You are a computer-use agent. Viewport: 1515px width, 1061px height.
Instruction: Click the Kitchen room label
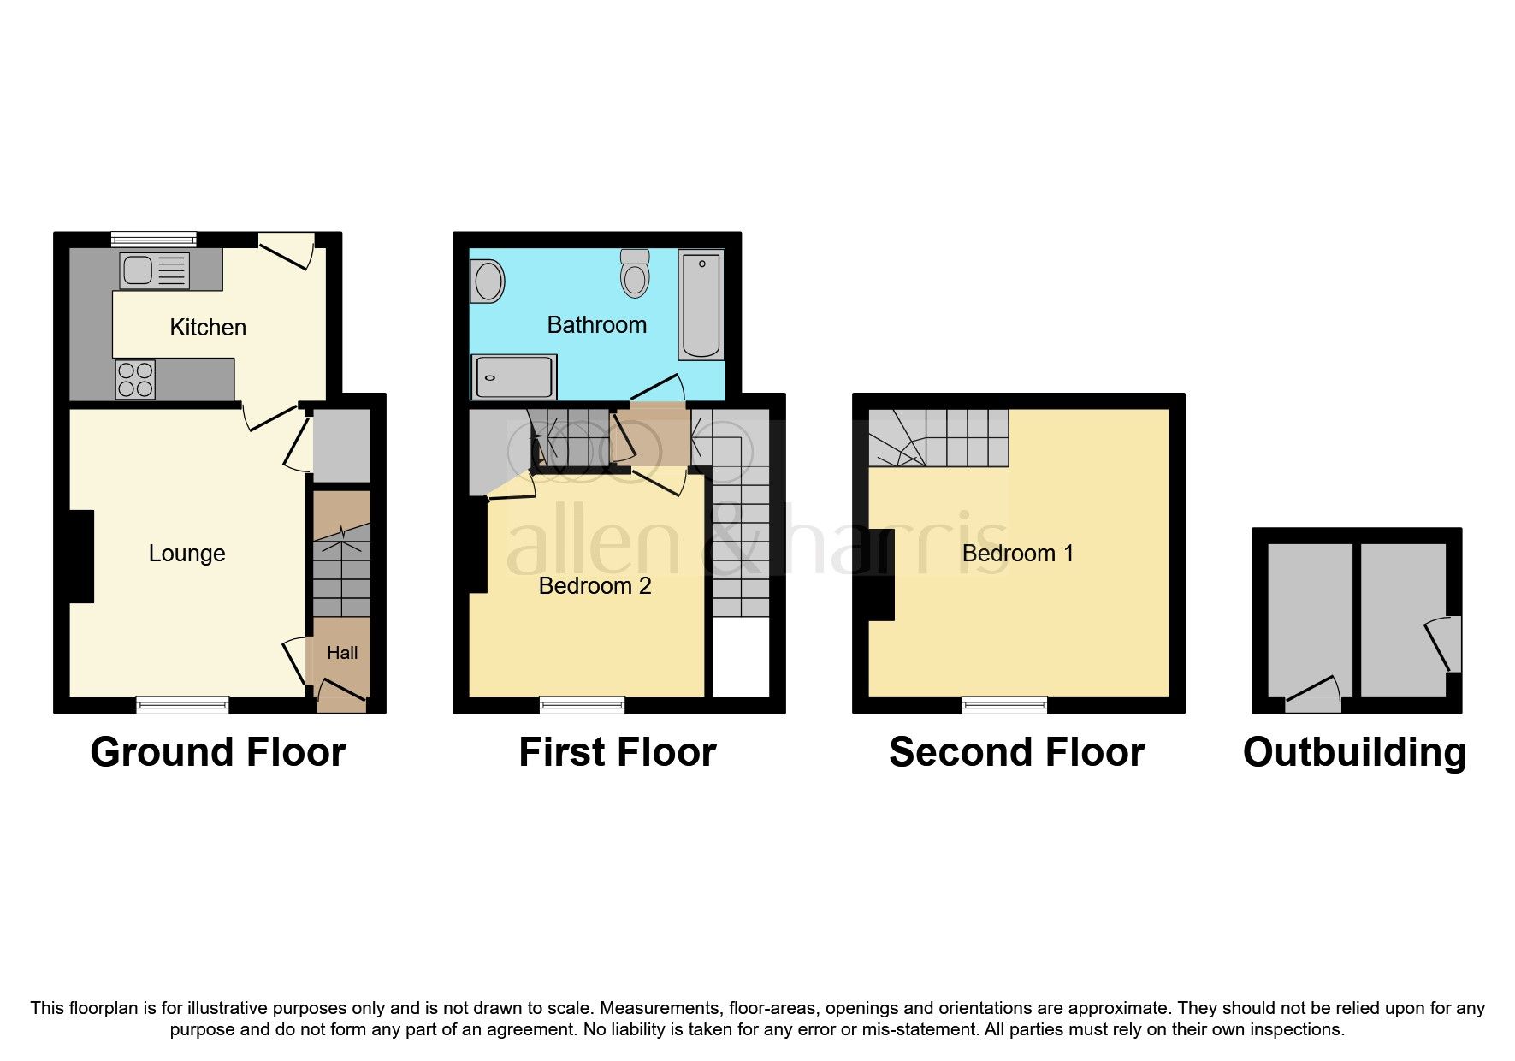pos(208,328)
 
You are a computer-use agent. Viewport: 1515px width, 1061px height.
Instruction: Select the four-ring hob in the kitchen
pos(135,380)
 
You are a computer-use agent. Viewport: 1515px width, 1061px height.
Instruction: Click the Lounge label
pos(186,554)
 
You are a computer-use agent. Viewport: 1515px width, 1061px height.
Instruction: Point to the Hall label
pos(342,653)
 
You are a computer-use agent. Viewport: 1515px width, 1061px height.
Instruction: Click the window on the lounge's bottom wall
pos(182,705)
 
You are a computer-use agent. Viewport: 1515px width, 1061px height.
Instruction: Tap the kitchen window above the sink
pos(154,240)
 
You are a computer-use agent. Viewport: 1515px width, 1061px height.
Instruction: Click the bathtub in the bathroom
pos(701,304)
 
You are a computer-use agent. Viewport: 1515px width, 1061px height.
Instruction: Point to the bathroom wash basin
pos(488,281)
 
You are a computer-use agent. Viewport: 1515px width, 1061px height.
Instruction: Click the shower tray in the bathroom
pos(513,376)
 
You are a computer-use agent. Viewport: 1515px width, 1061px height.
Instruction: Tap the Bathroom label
pos(596,325)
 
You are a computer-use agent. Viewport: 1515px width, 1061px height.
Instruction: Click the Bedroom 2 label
pos(595,586)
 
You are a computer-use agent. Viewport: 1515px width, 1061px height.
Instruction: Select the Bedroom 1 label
pos(1017,554)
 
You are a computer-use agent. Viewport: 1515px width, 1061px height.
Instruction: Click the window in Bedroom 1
pos(1004,705)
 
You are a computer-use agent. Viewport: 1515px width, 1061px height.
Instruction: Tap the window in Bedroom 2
pos(582,705)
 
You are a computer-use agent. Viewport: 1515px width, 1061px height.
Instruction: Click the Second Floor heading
pos(1016,753)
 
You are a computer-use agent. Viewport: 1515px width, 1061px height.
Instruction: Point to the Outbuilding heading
pos(1354,753)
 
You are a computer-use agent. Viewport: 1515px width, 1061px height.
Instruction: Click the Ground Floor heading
pos(218,753)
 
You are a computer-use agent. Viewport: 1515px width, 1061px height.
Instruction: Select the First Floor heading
pos(617,753)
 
